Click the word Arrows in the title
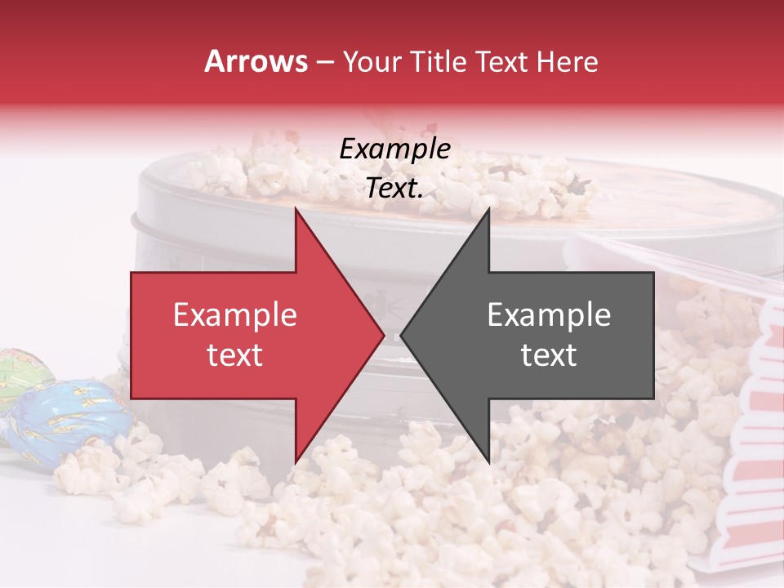(x=256, y=62)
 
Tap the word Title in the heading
(x=439, y=62)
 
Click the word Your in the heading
(x=372, y=63)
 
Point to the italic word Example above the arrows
(x=394, y=149)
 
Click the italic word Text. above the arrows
(x=394, y=188)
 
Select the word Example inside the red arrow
(x=235, y=315)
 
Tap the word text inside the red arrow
(x=235, y=355)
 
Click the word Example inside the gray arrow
(x=549, y=315)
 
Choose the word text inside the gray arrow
(x=549, y=355)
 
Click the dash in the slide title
(x=325, y=63)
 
